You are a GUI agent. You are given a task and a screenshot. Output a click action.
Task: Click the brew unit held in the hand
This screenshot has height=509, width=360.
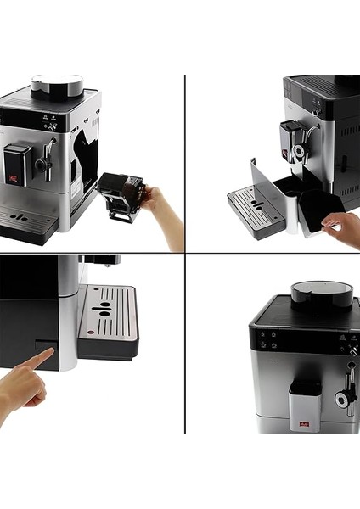(120, 194)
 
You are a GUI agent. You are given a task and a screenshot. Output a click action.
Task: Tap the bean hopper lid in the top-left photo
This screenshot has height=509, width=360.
(57, 84)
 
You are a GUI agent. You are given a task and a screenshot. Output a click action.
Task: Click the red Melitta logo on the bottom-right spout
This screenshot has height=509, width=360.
(303, 407)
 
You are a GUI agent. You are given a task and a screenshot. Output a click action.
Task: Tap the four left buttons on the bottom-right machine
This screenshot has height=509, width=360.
(270, 339)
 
